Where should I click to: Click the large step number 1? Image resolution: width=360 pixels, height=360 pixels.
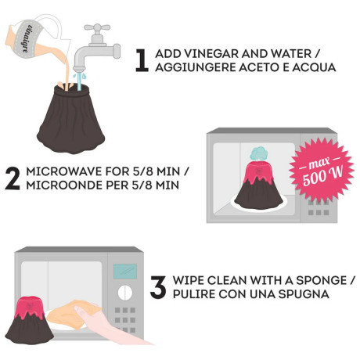pyautogui.click(x=142, y=61)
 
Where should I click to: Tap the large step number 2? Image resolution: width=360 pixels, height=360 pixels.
pyautogui.click(x=13, y=178)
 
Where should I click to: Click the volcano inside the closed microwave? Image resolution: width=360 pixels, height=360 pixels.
pyautogui.click(x=259, y=183)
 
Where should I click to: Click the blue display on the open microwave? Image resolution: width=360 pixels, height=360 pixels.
pyautogui.click(x=125, y=271)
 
